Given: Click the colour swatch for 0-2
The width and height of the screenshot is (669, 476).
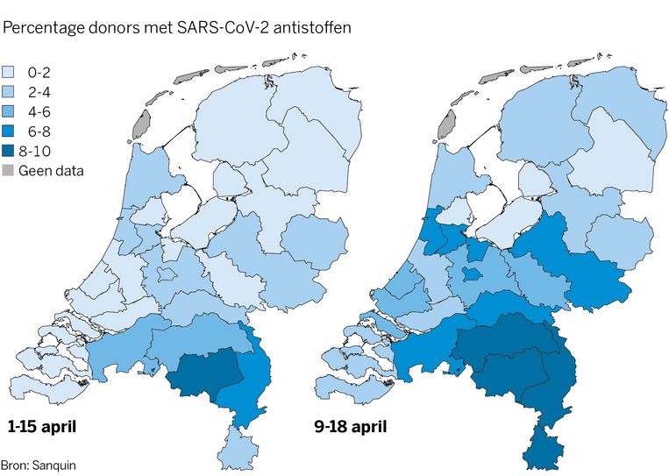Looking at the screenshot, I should coord(11,72).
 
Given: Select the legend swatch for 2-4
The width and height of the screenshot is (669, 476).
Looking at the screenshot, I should coord(11,92).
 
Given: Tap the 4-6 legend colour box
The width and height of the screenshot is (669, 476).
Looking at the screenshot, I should coord(11,111).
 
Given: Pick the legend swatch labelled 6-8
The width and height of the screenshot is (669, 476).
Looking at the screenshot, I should coord(11,131).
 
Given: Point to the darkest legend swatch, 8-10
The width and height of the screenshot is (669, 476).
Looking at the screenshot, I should coord(11,151).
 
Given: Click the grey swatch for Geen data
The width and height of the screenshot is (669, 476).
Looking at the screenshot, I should coord(11,170).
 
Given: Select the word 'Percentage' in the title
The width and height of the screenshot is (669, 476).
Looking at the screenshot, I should coord(41,29).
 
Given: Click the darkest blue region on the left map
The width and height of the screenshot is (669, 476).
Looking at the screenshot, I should coord(204,373).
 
